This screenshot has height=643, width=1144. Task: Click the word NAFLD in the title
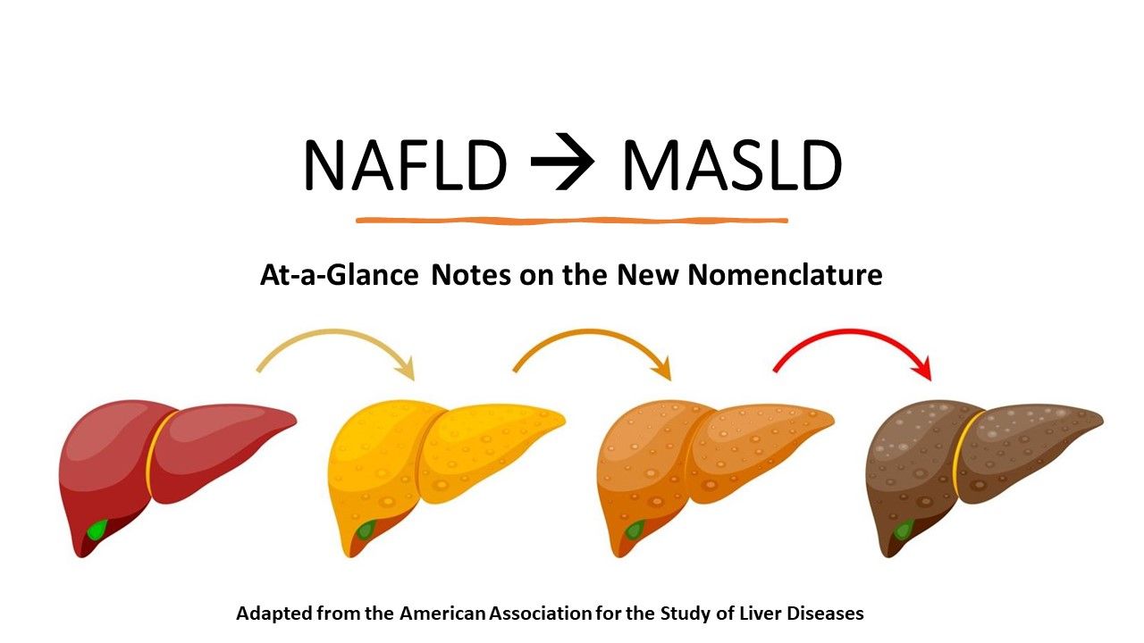click(x=405, y=166)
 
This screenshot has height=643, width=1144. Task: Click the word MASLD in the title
click(x=731, y=166)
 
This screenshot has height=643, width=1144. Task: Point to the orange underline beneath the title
click(x=572, y=220)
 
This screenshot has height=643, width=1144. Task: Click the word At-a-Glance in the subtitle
click(x=339, y=276)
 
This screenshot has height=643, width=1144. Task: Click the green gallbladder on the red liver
click(x=96, y=530)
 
